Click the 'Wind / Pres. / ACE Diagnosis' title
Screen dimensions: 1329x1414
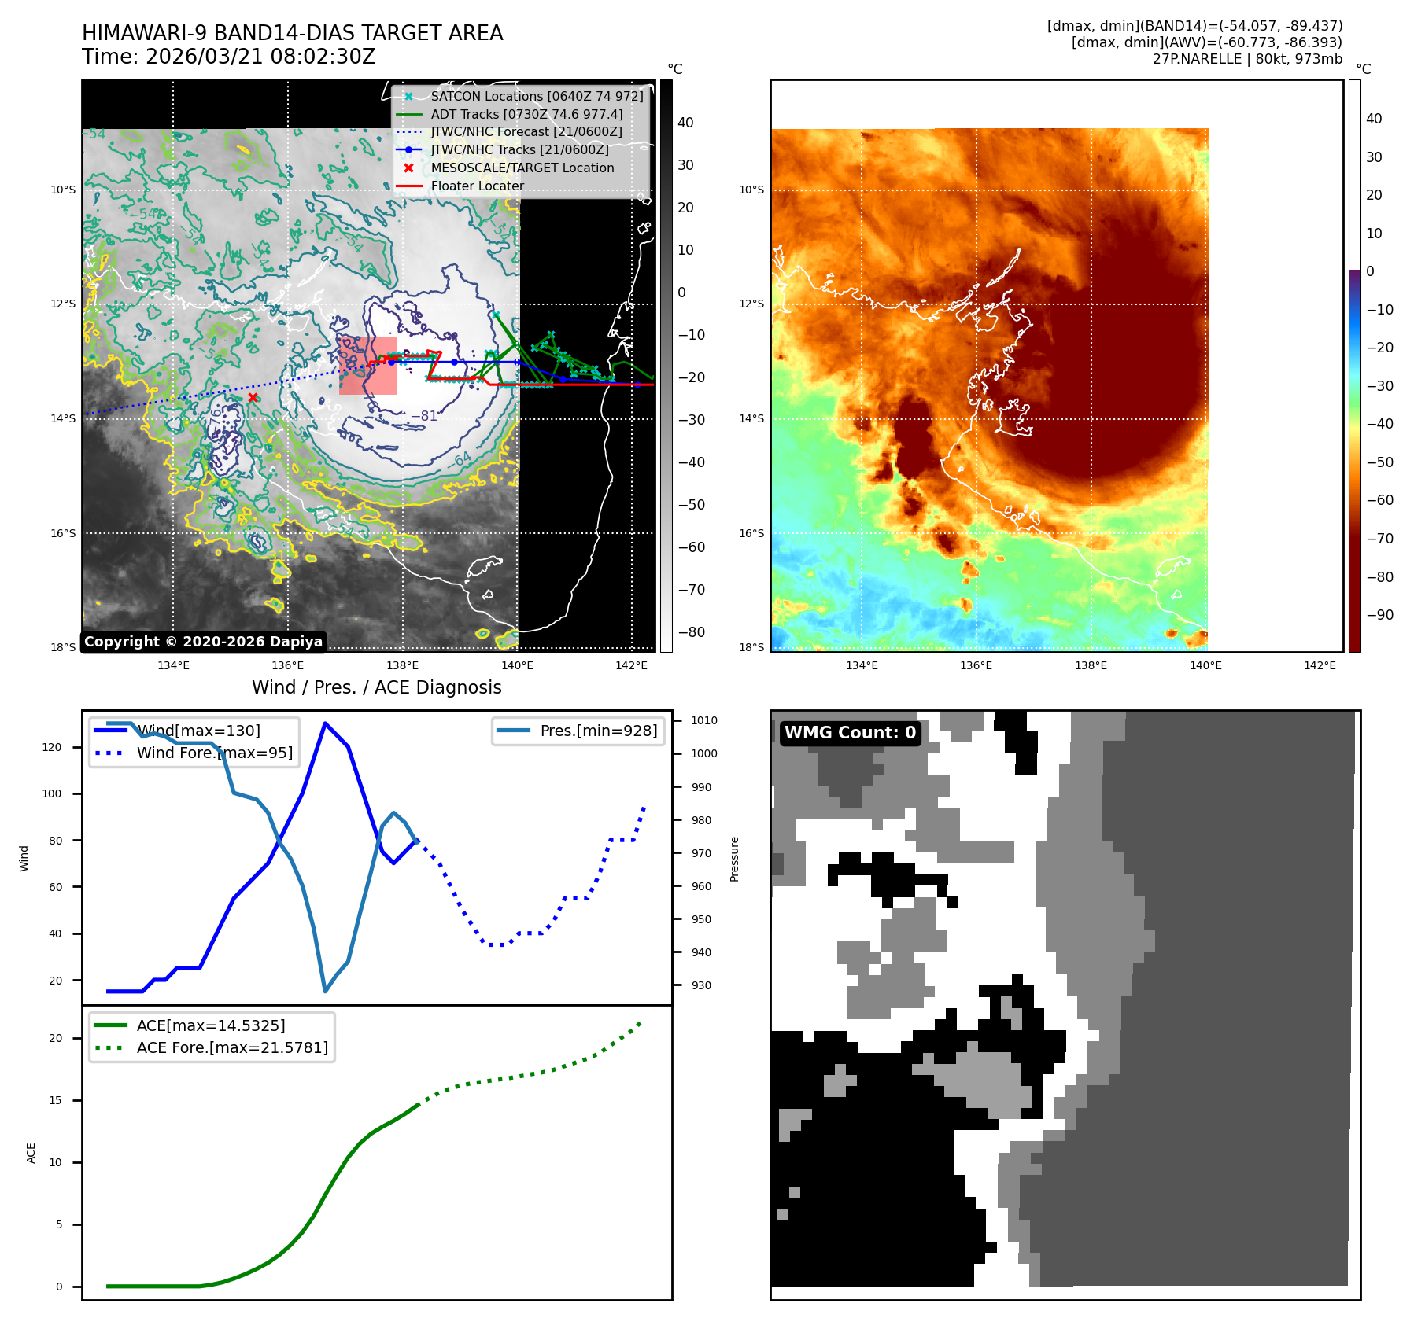[376, 687]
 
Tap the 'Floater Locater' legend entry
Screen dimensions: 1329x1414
[477, 186]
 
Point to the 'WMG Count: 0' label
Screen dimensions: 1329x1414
[850, 733]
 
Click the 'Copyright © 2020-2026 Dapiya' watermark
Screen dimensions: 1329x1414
[203, 642]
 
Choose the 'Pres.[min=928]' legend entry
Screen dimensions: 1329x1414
[598, 731]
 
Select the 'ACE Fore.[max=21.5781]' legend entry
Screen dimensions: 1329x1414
[232, 1047]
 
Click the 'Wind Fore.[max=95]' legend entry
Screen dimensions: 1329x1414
[214, 753]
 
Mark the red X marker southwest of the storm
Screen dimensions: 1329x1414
[253, 398]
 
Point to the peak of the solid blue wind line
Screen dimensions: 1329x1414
[325, 723]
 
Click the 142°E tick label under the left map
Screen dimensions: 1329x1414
[631, 665]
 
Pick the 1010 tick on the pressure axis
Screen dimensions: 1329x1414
[704, 720]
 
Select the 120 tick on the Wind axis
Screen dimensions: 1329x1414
[52, 747]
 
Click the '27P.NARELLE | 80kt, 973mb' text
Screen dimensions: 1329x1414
[1247, 59]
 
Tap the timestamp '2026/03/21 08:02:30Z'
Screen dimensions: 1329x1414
[260, 57]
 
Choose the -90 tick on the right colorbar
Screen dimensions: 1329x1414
[1379, 615]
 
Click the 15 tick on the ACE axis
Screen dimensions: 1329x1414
[55, 1100]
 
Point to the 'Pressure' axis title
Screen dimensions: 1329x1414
[734, 859]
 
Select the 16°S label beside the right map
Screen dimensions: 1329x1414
[751, 533]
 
